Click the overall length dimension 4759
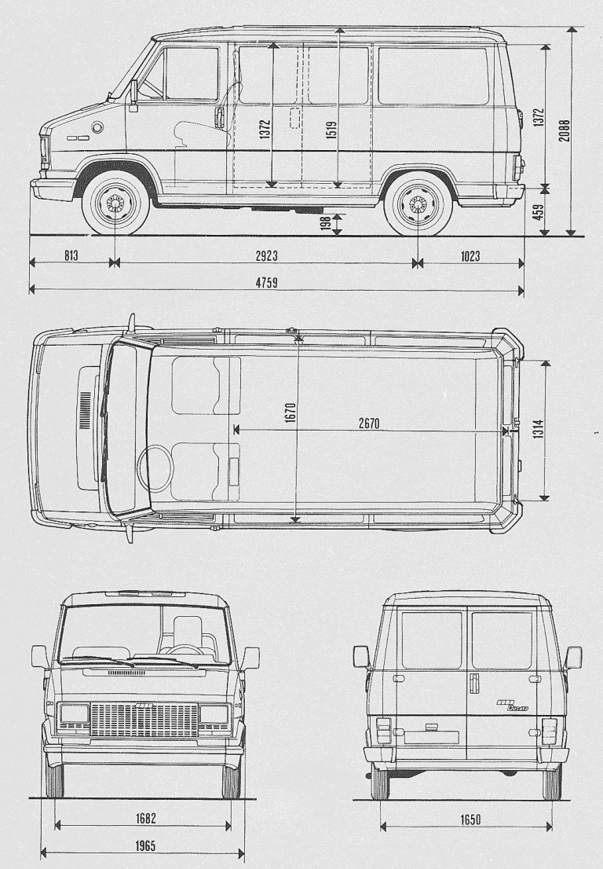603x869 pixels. pos(266,283)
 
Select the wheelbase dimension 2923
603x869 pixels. pos(266,255)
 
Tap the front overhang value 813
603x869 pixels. pos(71,255)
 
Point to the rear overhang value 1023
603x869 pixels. pos(470,255)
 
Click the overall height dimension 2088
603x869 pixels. pos(565,130)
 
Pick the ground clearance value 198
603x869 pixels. pos(326,223)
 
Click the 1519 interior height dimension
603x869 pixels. pos(331,130)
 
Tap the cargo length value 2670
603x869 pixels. pos(369,423)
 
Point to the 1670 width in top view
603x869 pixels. pos(291,413)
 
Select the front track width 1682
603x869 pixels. pos(144,818)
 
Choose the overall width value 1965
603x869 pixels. pos(144,845)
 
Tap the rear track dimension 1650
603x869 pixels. pos(470,819)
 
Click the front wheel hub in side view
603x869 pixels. pos(115,203)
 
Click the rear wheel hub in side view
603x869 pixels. pos(418,204)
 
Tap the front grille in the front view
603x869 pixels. pos(144,720)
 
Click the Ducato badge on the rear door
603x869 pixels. pos(512,705)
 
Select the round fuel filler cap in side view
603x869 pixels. pos(97,127)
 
